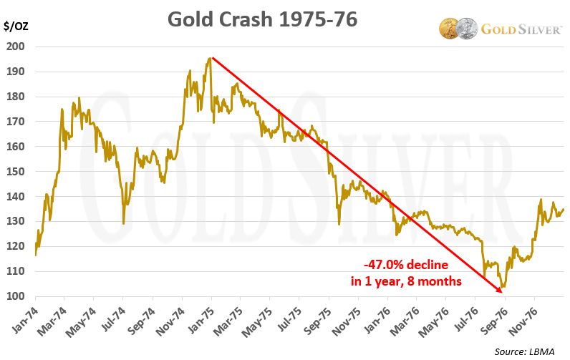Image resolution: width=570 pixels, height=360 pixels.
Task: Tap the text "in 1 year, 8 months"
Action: [406, 281]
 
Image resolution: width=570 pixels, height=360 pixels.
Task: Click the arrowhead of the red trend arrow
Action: [501, 291]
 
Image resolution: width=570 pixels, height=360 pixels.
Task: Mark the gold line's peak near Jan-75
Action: [210, 58]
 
